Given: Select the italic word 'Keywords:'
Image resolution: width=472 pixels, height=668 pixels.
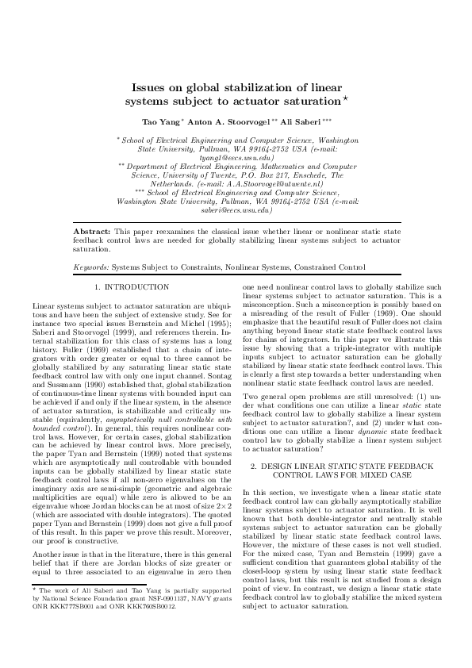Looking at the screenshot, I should pyautogui.click(x=91, y=268).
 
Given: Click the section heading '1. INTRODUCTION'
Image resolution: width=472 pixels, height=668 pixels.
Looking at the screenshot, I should pyautogui.click(x=132, y=286).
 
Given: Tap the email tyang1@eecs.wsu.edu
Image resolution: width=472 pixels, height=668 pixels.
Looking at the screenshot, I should pyautogui.click(x=236, y=159).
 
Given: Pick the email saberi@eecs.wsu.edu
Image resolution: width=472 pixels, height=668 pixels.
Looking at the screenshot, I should pyautogui.click(x=236, y=211).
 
